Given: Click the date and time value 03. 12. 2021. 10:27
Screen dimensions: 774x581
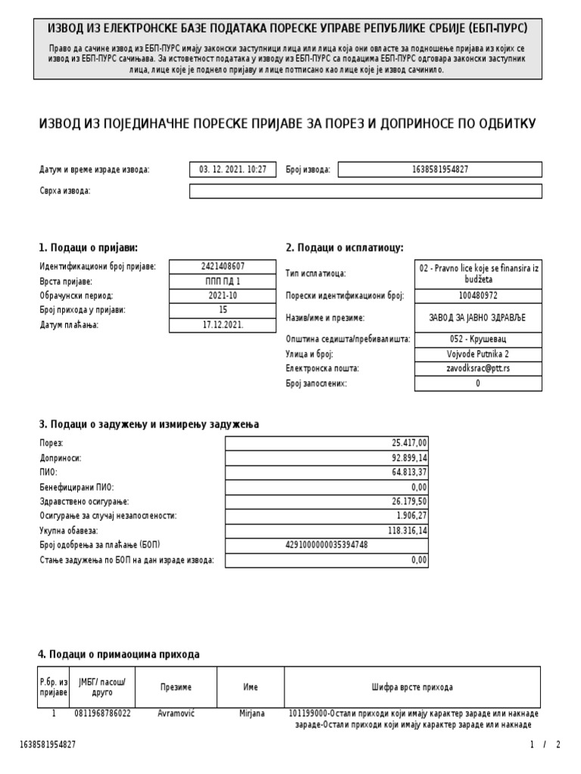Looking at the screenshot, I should click(x=232, y=170).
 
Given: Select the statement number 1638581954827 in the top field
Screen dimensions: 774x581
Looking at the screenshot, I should click(x=439, y=170).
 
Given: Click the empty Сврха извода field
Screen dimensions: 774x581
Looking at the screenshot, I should click(x=365, y=191).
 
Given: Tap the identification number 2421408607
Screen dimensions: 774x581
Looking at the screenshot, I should click(x=223, y=267).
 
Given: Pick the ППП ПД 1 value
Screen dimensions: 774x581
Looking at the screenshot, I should click(x=223, y=281).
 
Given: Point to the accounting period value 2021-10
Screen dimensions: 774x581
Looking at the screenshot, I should click(x=223, y=296).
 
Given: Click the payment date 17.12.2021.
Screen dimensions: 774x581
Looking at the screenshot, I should click(x=223, y=325).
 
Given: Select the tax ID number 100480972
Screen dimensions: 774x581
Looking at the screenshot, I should click(x=478, y=296).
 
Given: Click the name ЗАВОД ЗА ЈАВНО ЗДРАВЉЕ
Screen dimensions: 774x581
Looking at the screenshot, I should click(x=478, y=318).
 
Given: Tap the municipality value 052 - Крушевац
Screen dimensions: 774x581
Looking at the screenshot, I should click(x=478, y=339).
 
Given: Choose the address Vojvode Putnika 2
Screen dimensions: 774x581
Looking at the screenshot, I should click(x=478, y=354).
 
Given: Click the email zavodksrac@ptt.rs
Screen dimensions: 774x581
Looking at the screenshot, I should click(x=478, y=369).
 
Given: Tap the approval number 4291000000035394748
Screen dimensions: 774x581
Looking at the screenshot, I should click(x=326, y=545).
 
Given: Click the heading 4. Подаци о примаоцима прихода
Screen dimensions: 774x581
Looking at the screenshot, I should click(x=119, y=655).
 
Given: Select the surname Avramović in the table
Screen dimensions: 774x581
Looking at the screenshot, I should click(x=176, y=714).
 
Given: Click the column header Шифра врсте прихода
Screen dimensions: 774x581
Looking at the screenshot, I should click(x=412, y=687).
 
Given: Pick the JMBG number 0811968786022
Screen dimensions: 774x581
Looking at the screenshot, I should click(x=102, y=714).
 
